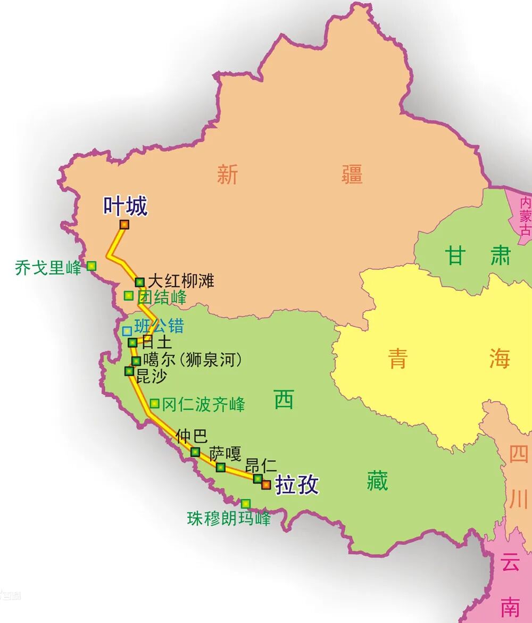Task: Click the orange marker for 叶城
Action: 124,225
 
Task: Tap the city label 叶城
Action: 125,206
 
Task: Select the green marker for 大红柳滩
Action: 139,282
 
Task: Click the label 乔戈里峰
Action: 48,268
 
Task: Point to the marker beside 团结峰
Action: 128,295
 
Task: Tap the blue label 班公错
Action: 159,326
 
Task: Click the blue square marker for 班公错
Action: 127,331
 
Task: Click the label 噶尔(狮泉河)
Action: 193,360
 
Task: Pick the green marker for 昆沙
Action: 129,371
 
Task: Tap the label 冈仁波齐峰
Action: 203,404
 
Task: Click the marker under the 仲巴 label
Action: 195,452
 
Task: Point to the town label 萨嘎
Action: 225,453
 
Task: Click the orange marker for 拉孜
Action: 266,485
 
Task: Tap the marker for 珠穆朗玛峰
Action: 245,503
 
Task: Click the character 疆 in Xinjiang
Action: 352,175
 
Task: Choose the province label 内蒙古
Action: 526,216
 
